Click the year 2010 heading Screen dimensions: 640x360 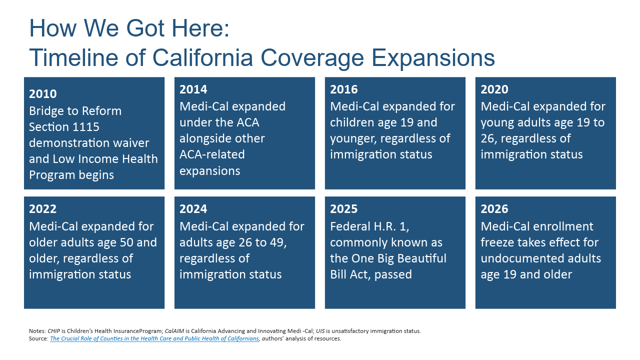tap(43, 93)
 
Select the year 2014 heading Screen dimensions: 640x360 tap(193, 89)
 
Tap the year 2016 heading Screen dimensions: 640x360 tap(343, 89)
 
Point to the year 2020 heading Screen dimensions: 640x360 tap(494, 89)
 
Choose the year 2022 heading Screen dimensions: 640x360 tap(43, 209)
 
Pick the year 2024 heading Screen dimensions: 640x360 tap(193, 209)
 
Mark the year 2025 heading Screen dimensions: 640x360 tap(343, 209)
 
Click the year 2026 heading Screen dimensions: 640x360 tap(494, 209)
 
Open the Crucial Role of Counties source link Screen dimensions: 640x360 tap(154, 338)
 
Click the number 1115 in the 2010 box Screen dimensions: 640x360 tap(86, 127)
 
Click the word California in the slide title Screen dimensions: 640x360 tap(203, 57)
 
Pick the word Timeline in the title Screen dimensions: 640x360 tap(73, 57)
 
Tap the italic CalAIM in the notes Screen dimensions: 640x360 tap(174, 331)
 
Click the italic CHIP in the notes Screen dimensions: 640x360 tap(53, 331)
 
